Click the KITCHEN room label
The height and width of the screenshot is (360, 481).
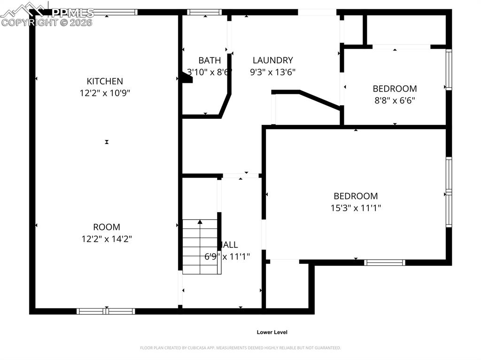point(105,81)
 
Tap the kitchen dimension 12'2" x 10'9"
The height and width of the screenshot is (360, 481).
point(105,93)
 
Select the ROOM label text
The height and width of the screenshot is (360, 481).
point(106,227)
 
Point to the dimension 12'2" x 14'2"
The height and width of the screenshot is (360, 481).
point(106,239)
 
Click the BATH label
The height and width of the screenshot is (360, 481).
point(209,60)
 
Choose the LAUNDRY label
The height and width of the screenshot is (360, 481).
point(272,60)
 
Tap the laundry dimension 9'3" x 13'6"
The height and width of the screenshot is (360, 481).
point(272,72)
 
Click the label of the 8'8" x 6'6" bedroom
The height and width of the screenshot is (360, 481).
point(395,88)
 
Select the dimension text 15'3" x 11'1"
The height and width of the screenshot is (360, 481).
point(356,208)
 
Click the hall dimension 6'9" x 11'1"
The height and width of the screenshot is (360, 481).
point(227,257)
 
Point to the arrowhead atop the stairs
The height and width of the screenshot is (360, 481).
point(200,222)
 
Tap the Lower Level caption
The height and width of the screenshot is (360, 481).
point(272,332)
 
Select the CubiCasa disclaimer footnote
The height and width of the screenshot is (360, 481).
point(240,348)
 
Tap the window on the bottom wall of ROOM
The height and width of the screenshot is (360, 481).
point(106,311)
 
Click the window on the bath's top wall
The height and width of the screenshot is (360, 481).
point(204,12)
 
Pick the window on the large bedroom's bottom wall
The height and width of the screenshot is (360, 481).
point(385,262)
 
